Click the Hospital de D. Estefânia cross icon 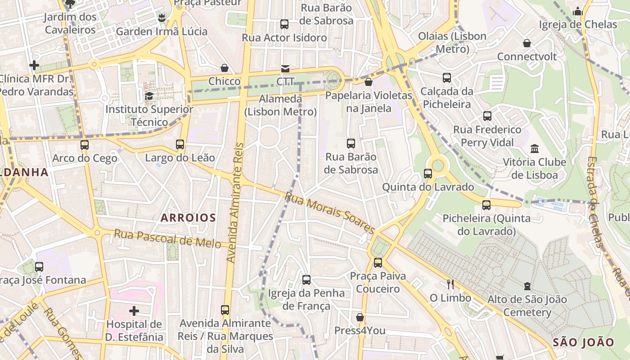[x=134, y=310]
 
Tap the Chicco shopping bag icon [x=225, y=68]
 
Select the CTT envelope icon [x=285, y=69]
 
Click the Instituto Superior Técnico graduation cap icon [x=149, y=96]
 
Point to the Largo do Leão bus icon [x=180, y=144]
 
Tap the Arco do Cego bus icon [x=85, y=145]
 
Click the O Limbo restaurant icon [x=450, y=284]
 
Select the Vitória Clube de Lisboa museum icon [x=535, y=148]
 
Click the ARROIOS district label [x=189, y=218]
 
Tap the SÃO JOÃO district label [x=583, y=342]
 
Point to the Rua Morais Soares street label [x=330, y=213]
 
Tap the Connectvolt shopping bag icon [x=527, y=43]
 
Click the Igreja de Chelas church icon [x=578, y=11]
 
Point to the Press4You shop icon [x=360, y=318]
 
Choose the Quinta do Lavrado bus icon [x=428, y=174]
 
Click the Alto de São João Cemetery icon [x=527, y=286]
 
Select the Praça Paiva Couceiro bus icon [x=378, y=263]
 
